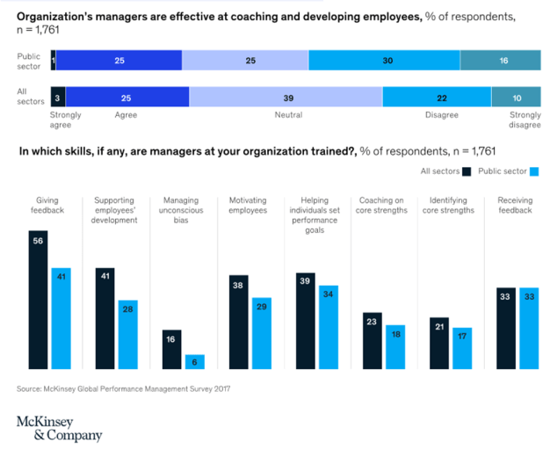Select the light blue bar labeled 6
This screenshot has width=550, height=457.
(x=194, y=361)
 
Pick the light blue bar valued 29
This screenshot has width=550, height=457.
(x=261, y=333)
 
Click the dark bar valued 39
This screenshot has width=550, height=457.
(x=306, y=320)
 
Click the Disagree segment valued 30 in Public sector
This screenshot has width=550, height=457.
(x=384, y=60)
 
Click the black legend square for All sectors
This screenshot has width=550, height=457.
(x=467, y=171)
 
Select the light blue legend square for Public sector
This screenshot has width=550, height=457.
(x=533, y=171)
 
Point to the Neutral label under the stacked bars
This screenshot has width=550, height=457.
(x=288, y=114)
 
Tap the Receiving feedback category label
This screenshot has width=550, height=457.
(x=514, y=206)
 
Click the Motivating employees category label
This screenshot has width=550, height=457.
(x=249, y=206)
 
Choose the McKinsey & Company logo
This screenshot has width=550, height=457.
(x=60, y=428)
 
